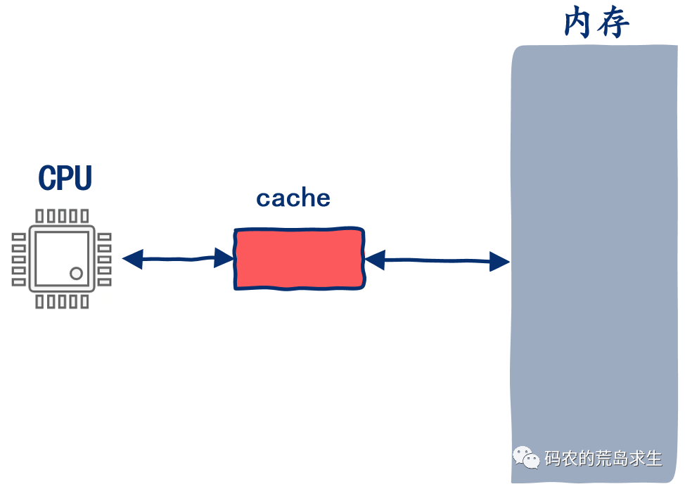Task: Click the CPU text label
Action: (65, 178)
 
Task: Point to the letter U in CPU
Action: (82, 178)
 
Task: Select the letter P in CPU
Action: (65, 178)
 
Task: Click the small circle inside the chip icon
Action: (76, 273)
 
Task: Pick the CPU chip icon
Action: (62, 259)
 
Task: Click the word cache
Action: (293, 198)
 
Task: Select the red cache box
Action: (300, 258)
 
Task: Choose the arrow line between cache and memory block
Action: (437, 261)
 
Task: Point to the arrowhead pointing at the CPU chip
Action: (132, 259)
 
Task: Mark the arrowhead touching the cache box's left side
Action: (225, 258)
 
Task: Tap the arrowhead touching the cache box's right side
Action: (374, 260)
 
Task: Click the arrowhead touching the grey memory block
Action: (500, 262)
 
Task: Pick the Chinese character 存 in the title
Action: (613, 24)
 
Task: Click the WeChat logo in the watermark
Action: (526, 458)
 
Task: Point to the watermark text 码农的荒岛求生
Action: (603, 459)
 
